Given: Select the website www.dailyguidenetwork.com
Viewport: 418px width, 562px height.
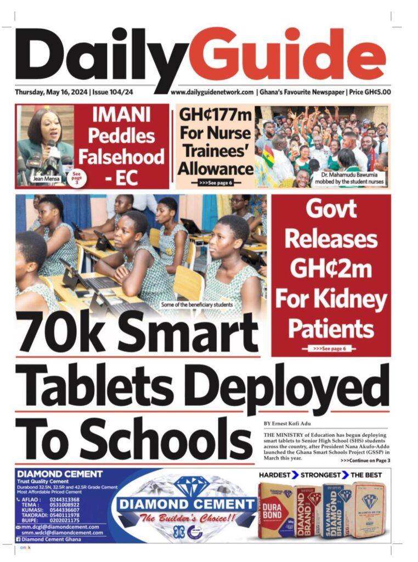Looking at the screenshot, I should pos(212,93).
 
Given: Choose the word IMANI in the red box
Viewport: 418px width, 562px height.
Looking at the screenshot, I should pos(122,117).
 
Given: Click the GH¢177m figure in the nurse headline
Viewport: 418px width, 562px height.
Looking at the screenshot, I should pos(216,117).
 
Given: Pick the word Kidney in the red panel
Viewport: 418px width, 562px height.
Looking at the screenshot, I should pos(331,300).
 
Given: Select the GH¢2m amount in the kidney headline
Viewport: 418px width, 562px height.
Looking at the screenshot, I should pos(331,269).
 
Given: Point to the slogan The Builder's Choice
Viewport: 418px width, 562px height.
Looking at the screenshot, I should pos(186,518).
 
